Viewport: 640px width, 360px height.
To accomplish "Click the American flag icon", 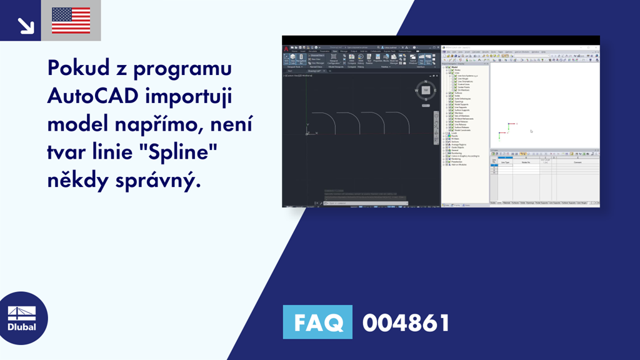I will (71, 21).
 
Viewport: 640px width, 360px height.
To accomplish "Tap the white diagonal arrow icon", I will (25, 25).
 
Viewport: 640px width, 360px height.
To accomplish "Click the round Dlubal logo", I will (21, 318).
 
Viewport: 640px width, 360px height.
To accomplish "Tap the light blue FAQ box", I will (317, 322).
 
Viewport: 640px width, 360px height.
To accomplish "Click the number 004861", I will (406, 322).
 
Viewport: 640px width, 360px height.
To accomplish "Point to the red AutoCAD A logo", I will (286, 48).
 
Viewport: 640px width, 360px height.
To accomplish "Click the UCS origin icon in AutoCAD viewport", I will (307, 132).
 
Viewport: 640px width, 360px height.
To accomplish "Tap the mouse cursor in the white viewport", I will (531, 131).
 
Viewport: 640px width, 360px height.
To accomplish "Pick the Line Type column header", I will (504, 162).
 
